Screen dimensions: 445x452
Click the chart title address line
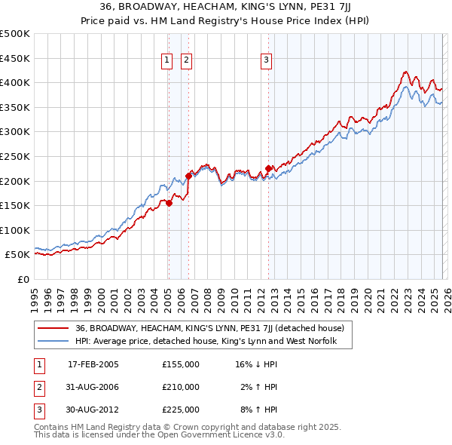(x=225, y=8)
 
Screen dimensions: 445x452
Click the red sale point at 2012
(x=268, y=169)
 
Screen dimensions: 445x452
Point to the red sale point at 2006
(x=188, y=176)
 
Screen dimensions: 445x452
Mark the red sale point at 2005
(x=169, y=203)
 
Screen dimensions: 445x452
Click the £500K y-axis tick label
(x=16, y=34)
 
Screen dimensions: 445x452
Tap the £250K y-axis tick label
(x=16, y=156)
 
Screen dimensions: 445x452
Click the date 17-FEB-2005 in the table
(x=93, y=364)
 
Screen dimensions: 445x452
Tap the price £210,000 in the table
(x=181, y=387)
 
